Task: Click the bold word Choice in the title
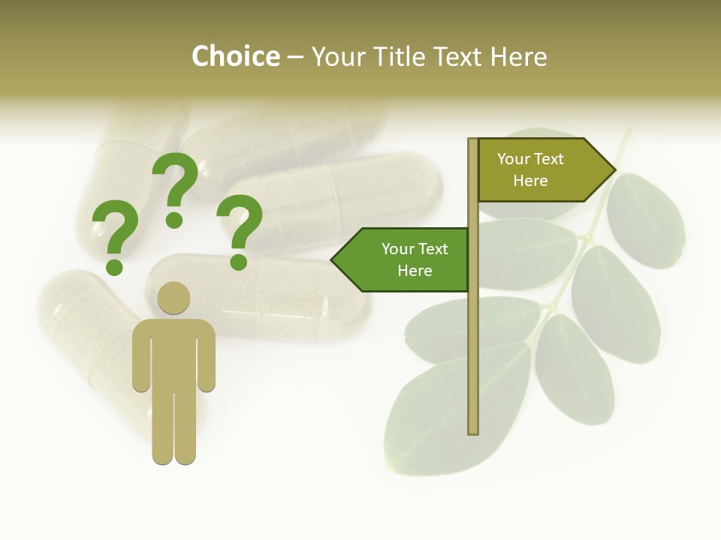point(235,57)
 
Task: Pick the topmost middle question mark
point(175,183)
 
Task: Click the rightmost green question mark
point(240,225)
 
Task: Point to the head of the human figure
point(173,298)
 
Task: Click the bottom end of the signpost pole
point(473,430)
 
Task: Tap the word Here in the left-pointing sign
point(415,271)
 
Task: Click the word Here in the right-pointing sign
point(530,181)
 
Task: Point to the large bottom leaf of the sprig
point(451,409)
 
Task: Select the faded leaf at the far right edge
point(646,221)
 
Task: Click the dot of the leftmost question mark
point(114,266)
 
